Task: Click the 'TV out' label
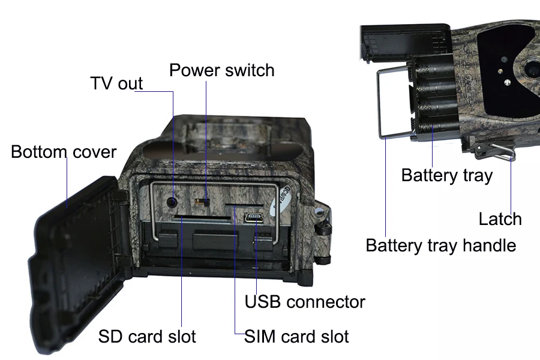click(x=116, y=83)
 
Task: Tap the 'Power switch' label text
click(x=222, y=70)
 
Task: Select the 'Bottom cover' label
click(x=64, y=152)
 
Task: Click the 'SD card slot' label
click(x=147, y=336)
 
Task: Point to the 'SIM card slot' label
click(x=296, y=336)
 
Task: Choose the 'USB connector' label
click(x=305, y=302)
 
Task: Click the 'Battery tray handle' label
click(x=441, y=245)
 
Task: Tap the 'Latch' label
click(x=500, y=219)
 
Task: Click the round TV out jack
click(x=172, y=202)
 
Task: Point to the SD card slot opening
click(x=202, y=218)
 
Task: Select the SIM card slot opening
click(x=244, y=205)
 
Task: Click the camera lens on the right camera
click(x=532, y=69)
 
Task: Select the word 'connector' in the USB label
click(x=326, y=302)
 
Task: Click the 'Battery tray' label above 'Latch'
click(x=447, y=175)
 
